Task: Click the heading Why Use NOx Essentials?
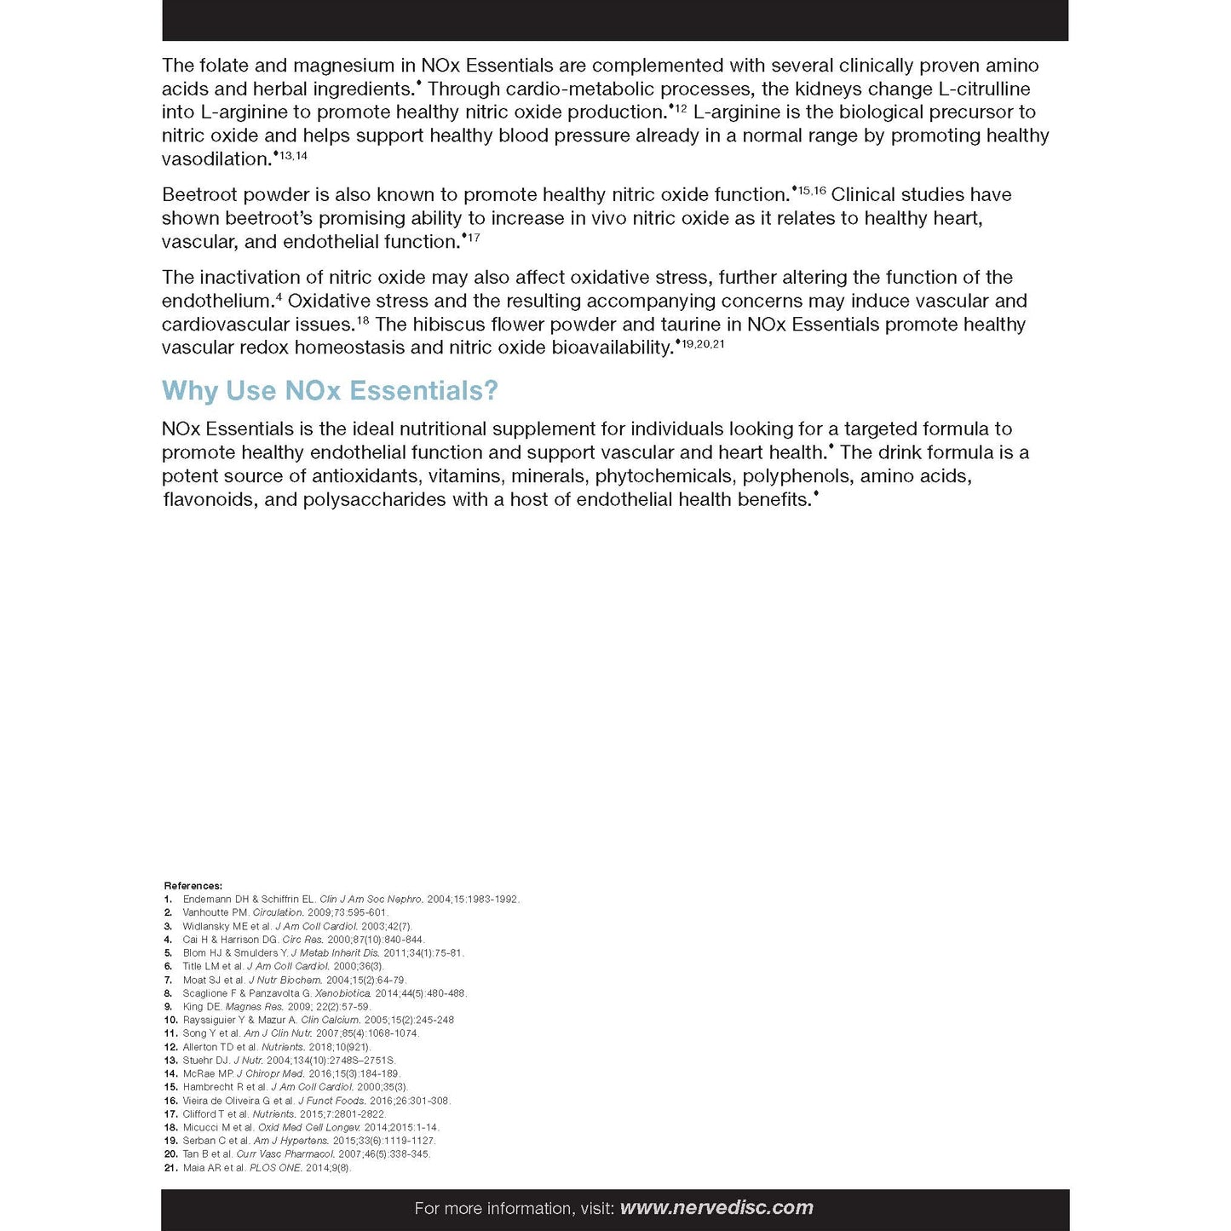tap(330, 391)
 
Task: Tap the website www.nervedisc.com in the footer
tap(716, 1208)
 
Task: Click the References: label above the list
tap(193, 886)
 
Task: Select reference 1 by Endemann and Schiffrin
tap(350, 900)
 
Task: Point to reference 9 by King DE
tap(276, 1007)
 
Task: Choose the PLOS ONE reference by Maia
tap(267, 1168)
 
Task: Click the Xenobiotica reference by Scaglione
tap(325, 993)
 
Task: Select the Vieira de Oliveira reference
tap(315, 1101)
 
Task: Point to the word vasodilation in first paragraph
tap(216, 159)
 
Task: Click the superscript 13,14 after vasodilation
tap(293, 156)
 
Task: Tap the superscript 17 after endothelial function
tap(474, 238)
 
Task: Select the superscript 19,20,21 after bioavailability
tap(703, 343)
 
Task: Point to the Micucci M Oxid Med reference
tap(310, 1128)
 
